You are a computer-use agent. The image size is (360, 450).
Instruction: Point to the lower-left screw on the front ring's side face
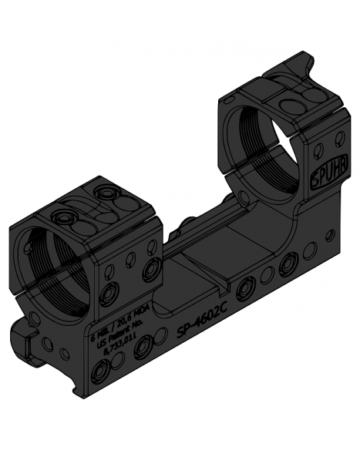coord(109,294)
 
